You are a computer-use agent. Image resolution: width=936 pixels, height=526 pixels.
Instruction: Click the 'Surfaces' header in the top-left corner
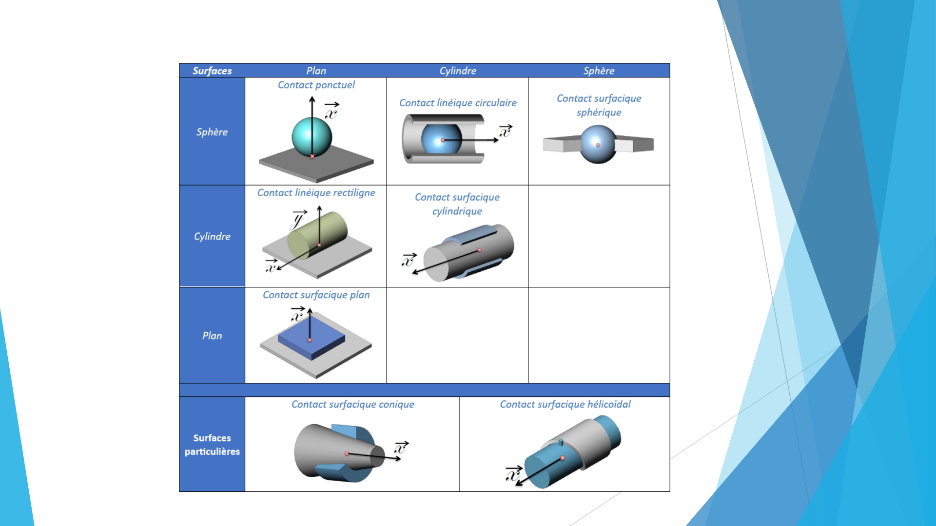pyautogui.click(x=212, y=71)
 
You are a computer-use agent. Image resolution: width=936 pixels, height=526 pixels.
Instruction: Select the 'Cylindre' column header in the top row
pyautogui.click(x=458, y=71)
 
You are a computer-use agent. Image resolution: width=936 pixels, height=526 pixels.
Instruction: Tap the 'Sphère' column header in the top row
pyautogui.click(x=599, y=71)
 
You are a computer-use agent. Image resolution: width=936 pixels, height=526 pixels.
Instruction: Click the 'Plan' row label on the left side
pyautogui.click(x=212, y=336)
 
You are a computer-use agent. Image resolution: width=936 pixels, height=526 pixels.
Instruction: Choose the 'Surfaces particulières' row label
pyautogui.click(x=212, y=445)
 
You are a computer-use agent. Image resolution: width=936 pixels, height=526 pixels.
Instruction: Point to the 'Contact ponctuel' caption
pyautogui.click(x=316, y=85)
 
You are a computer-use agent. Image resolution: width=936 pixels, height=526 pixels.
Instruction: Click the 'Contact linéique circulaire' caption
pyautogui.click(x=458, y=103)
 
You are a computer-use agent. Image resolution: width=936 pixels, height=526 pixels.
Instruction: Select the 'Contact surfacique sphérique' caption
pyautogui.click(x=599, y=105)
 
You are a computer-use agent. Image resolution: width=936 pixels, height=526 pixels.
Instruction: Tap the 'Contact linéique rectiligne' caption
pyautogui.click(x=316, y=193)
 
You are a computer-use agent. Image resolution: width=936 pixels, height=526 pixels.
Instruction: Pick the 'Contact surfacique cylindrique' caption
pyautogui.click(x=457, y=204)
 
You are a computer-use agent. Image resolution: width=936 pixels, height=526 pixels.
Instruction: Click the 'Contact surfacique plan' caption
pyautogui.click(x=316, y=295)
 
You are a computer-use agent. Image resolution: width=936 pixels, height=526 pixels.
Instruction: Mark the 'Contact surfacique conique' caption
pyautogui.click(x=353, y=404)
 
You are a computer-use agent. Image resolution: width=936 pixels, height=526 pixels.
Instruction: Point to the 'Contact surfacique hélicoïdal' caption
pyautogui.click(x=565, y=404)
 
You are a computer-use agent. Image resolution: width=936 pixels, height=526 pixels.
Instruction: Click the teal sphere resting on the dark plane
pyautogui.click(x=312, y=137)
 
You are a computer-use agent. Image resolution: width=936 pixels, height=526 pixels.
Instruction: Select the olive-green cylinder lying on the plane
pyautogui.click(x=317, y=235)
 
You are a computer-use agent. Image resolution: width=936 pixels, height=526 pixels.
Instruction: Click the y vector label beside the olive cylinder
pyautogui.click(x=298, y=220)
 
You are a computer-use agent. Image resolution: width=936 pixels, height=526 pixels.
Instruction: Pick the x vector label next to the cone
pyautogui.click(x=401, y=447)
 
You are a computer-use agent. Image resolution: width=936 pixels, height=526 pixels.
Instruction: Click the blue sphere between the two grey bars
pyautogui.click(x=598, y=144)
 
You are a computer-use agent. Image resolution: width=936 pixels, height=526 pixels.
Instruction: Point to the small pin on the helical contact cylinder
pyautogui.click(x=561, y=443)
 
